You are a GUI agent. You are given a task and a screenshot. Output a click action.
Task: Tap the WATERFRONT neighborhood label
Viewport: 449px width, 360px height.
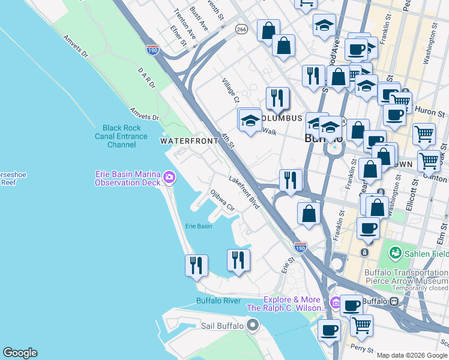[188, 140]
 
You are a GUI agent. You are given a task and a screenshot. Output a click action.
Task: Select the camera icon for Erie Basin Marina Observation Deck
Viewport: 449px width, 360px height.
[169, 177]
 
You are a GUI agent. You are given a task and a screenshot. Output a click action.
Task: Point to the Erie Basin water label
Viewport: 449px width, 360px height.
[198, 226]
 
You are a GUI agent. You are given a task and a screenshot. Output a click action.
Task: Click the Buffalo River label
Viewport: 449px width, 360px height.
[218, 301]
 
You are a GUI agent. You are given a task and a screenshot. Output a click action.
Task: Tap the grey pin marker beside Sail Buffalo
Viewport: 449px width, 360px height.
[253, 326]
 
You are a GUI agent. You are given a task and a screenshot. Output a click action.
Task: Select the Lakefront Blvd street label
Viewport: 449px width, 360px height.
[244, 191]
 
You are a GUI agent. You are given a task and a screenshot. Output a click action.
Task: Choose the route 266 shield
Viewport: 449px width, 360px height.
[241, 29]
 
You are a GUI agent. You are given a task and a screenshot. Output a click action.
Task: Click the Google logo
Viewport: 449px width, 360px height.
[20, 353]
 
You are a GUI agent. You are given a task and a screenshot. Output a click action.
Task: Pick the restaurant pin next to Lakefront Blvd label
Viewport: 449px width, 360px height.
[291, 180]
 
